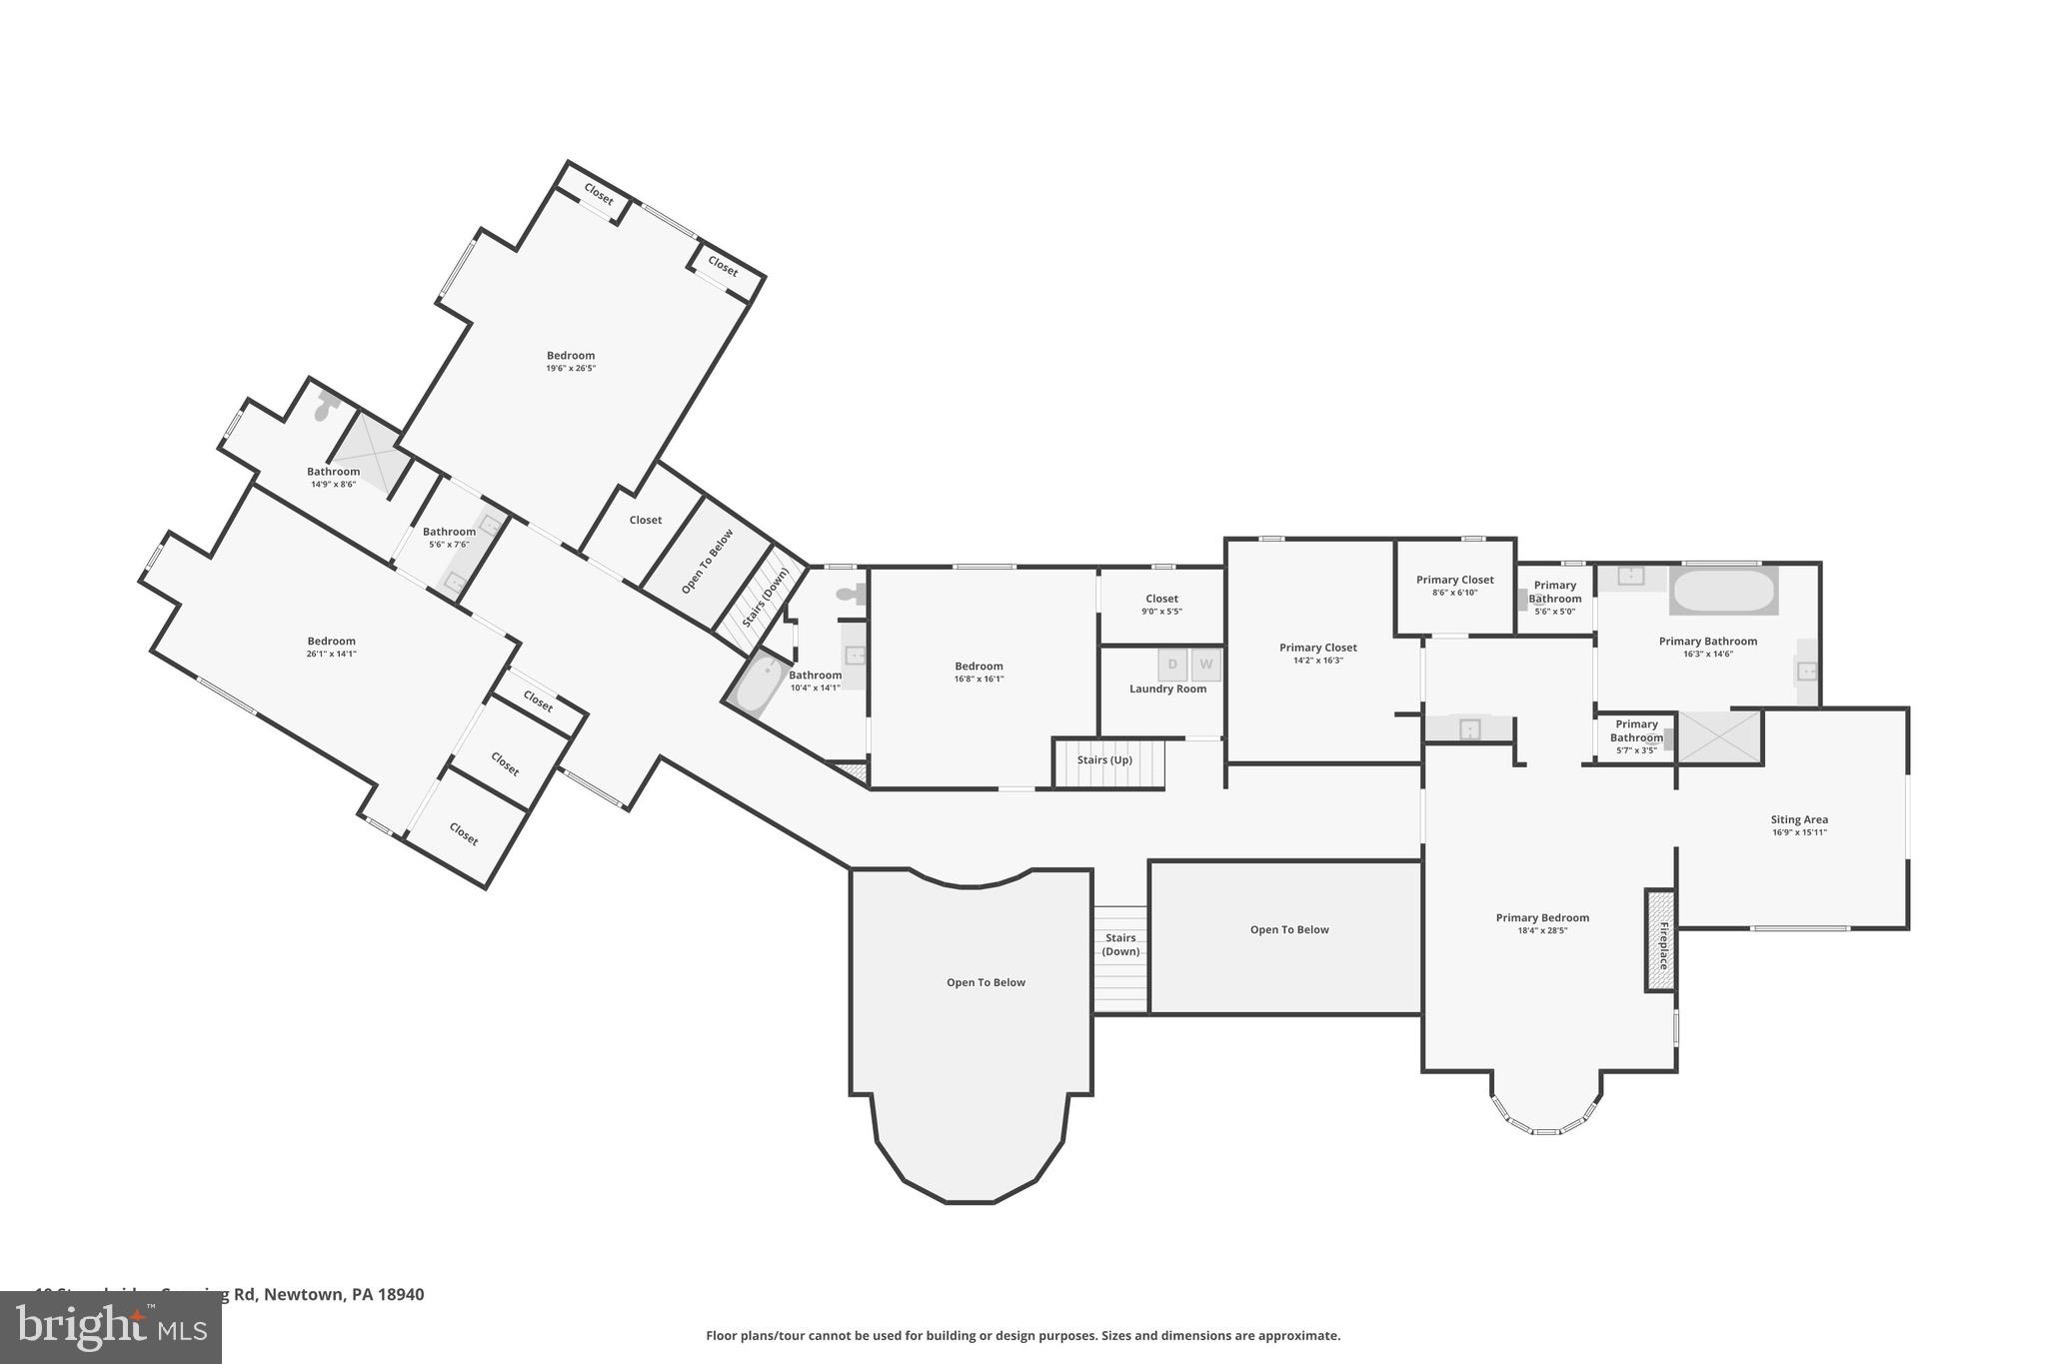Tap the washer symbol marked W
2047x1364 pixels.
click(x=1206, y=665)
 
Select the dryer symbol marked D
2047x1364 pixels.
click(x=1172, y=665)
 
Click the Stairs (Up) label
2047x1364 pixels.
click(x=1104, y=760)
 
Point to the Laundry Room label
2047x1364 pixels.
click(x=1167, y=688)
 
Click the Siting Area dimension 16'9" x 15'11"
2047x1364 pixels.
click(x=1799, y=832)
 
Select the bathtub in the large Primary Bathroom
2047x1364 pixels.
click(x=1723, y=591)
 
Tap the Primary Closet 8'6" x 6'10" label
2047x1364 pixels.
click(x=1454, y=586)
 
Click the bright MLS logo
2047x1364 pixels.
click(x=110, y=1327)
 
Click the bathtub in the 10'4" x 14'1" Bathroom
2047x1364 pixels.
click(x=757, y=683)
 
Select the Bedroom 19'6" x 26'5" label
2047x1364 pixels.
click(x=571, y=361)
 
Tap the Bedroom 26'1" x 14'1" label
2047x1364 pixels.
click(x=331, y=647)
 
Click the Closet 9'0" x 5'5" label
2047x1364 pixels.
click(x=1161, y=605)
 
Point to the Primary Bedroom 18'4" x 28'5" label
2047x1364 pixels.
click(x=1542, y=923)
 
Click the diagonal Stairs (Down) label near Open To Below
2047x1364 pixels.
click(x=766, y=597)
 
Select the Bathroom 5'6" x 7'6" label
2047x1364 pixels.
click(x=449, y=538)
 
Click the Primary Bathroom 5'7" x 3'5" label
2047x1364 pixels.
click(x=1636, y=736)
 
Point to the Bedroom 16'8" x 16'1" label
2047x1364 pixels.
click(x=979, y=672)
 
